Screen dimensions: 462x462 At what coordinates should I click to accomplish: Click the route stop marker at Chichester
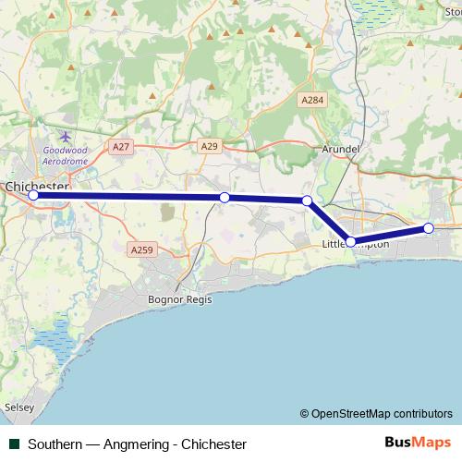click(33, 195)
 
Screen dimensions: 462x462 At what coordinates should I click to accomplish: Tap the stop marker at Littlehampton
click(350, 241)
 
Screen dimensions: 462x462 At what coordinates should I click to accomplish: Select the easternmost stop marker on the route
click(429, 228)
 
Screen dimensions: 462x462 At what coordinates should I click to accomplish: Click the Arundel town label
click(340, 148)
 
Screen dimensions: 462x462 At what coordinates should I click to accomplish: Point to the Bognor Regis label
click(179, 299)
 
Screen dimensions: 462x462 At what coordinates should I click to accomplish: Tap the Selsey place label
click(18, 406)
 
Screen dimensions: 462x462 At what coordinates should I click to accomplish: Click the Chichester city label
click(37, 186)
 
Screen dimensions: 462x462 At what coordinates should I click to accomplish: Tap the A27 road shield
click(119, 147)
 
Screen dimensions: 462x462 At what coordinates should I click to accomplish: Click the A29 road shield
click(209, 146)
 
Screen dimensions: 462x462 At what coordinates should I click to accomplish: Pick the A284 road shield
click(311, 99)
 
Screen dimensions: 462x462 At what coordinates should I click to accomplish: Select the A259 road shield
click(140, 249)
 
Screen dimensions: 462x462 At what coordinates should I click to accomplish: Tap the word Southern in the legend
click(53, 444)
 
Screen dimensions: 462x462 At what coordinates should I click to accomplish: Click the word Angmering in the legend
click(135, 444)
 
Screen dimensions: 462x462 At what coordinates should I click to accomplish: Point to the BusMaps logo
click(419, 444)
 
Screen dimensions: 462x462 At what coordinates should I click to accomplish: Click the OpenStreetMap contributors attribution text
click(376, 413)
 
